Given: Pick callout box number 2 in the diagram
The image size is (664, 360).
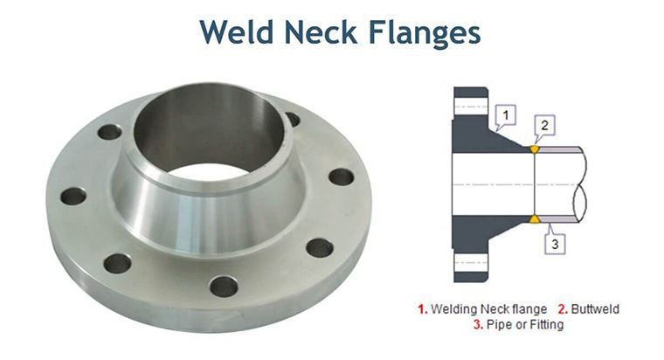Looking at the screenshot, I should click(x=544, y=125).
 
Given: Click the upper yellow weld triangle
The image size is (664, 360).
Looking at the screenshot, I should click(x=535, y=149).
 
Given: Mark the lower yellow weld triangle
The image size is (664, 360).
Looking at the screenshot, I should click(x=535, y=218).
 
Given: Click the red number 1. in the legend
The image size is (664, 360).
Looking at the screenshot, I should click(x=423, y=309).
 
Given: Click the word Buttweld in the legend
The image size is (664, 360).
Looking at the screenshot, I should click(x=597, y=309).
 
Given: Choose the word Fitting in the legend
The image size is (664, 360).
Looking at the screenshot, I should click(x=545, y=325).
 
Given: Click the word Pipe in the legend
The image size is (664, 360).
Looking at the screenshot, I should click(x=499, y=325).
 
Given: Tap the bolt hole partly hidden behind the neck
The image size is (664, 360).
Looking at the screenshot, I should click(x=293, y=119).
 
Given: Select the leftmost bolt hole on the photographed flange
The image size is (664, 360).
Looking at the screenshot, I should click(x=73, y=196).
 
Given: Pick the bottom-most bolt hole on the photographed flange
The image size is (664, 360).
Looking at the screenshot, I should click(x=224, y=286).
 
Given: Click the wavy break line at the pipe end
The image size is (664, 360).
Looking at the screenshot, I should click(x=581, y=183).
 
